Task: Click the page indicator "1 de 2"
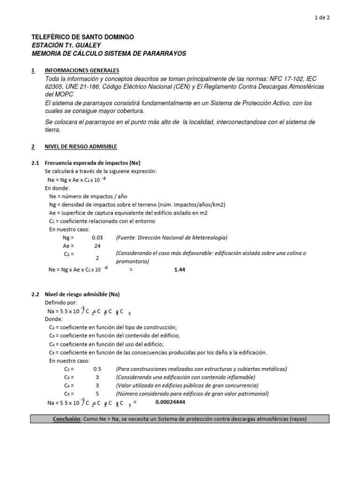322,18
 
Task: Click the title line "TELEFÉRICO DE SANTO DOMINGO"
82,37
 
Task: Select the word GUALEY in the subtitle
88,45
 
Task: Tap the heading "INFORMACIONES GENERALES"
82,70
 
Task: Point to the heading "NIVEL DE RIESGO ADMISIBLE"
81,147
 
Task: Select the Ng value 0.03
97,238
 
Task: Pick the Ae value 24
97,246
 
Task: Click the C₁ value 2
97,258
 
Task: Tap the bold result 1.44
180,270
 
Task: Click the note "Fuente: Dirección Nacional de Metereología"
172,238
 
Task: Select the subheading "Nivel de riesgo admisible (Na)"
82,294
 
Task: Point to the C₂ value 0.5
97,369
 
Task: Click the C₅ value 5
97,394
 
